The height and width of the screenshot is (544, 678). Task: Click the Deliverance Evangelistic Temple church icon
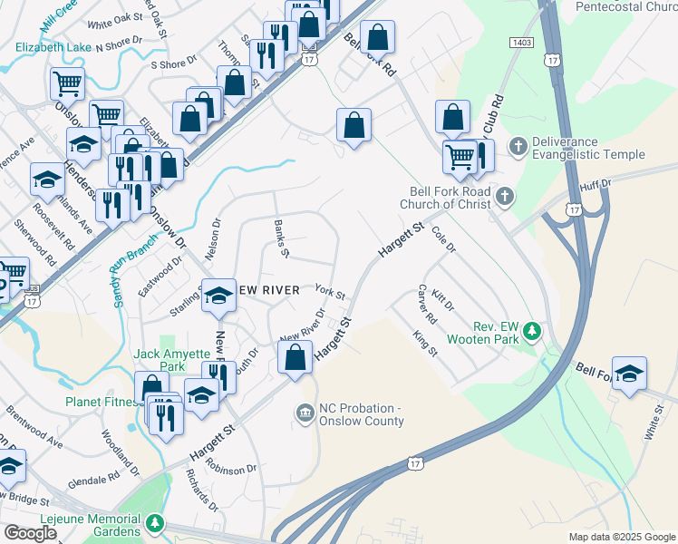point(518,146)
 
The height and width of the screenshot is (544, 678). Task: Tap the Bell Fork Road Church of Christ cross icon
point(505,196)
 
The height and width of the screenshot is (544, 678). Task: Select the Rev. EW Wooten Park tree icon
point(535,332)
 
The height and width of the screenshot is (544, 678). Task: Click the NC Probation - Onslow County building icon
point(305,413)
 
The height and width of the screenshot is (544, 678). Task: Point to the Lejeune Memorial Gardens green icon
point(156,523)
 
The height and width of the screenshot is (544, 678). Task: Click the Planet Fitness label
point(101,401)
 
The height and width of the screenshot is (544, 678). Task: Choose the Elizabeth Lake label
point(53,46)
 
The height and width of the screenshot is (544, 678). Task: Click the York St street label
point(330,294)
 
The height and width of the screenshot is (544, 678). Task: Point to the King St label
point(425,345)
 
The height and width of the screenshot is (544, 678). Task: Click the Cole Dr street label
point(444,240)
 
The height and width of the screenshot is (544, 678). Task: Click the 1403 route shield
point(521,43)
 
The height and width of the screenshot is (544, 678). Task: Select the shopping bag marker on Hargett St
point(295,356)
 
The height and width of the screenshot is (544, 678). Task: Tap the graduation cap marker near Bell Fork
point(628,374)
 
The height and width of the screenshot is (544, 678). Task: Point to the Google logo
point(29,533)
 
